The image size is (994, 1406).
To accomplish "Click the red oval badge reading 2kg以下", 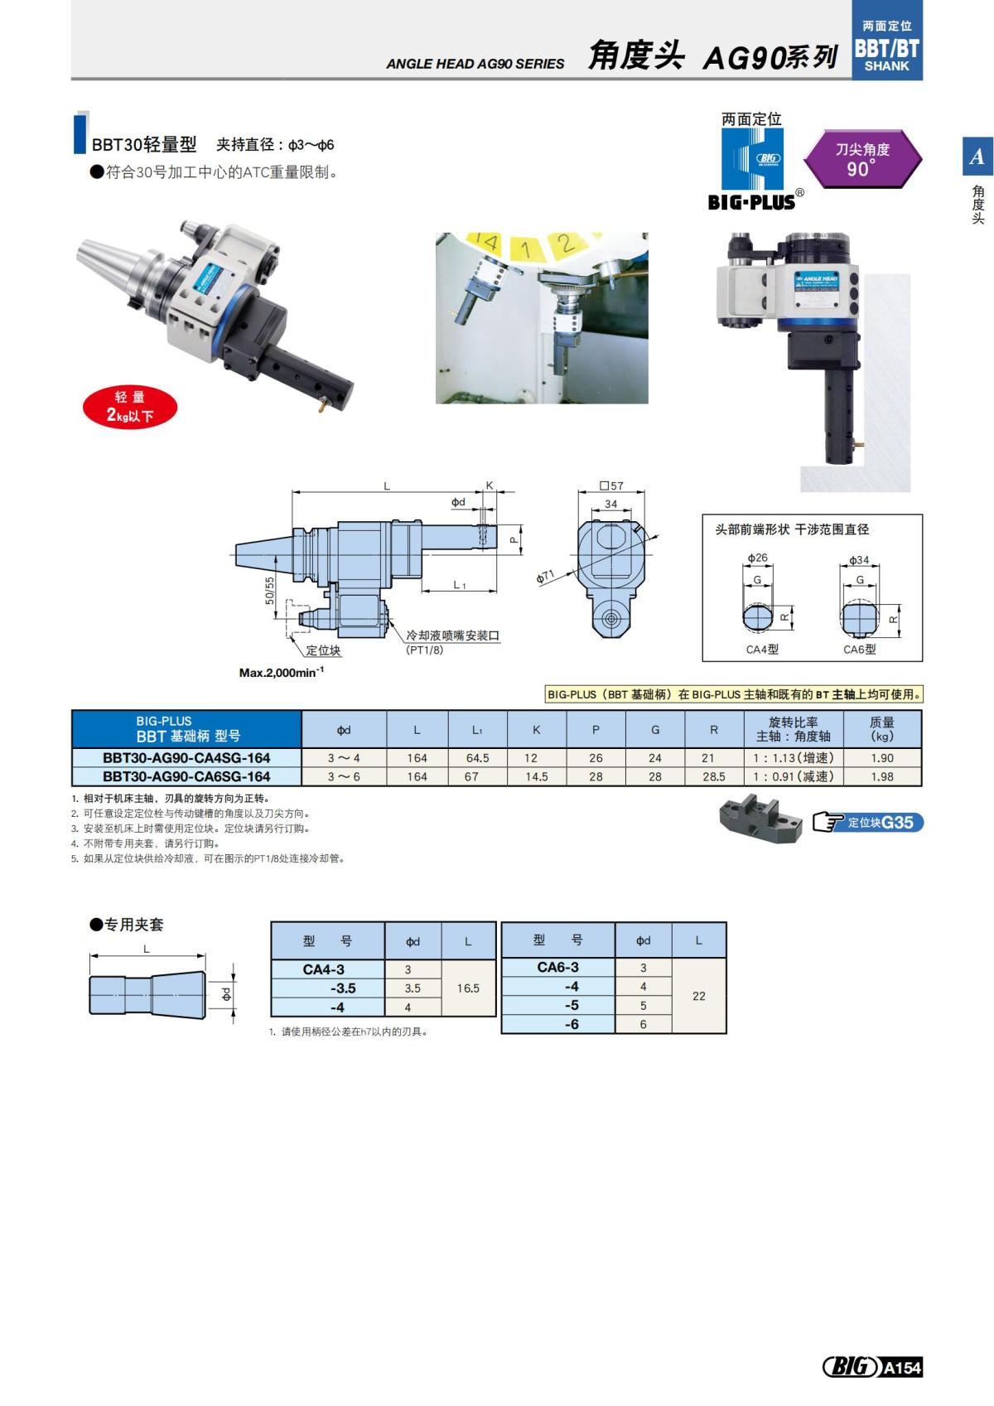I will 130,407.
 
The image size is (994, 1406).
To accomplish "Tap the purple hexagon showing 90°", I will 861,159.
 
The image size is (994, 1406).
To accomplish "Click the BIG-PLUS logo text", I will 751,201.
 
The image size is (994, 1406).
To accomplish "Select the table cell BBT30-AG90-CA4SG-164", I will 186,757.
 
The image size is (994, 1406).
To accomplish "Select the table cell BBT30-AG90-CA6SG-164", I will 186,776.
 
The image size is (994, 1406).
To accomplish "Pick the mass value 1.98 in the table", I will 882,776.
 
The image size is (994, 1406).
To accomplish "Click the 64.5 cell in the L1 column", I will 477,757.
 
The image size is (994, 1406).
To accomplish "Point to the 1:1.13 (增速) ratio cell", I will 793,757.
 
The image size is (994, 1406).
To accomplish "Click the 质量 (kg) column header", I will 882,728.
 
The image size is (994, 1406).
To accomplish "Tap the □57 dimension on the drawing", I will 611,486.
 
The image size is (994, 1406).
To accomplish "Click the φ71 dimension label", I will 545,577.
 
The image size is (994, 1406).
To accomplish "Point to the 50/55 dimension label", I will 269,591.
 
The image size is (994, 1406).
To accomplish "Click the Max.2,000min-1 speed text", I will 282,673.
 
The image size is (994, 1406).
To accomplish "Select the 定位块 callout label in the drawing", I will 323,650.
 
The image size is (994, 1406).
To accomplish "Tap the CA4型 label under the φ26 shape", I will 762,650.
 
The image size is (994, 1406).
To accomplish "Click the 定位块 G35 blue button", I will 880,823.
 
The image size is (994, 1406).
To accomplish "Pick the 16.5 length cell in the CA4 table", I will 468,988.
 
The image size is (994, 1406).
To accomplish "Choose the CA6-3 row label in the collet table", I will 557,967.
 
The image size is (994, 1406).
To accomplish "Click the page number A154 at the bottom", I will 901,1368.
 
